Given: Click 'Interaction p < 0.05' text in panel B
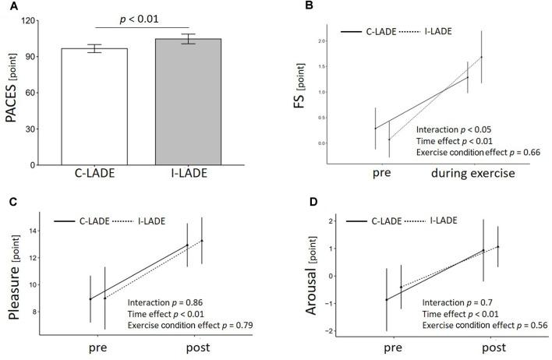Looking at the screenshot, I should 453,129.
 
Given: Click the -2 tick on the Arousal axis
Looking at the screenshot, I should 330,331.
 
